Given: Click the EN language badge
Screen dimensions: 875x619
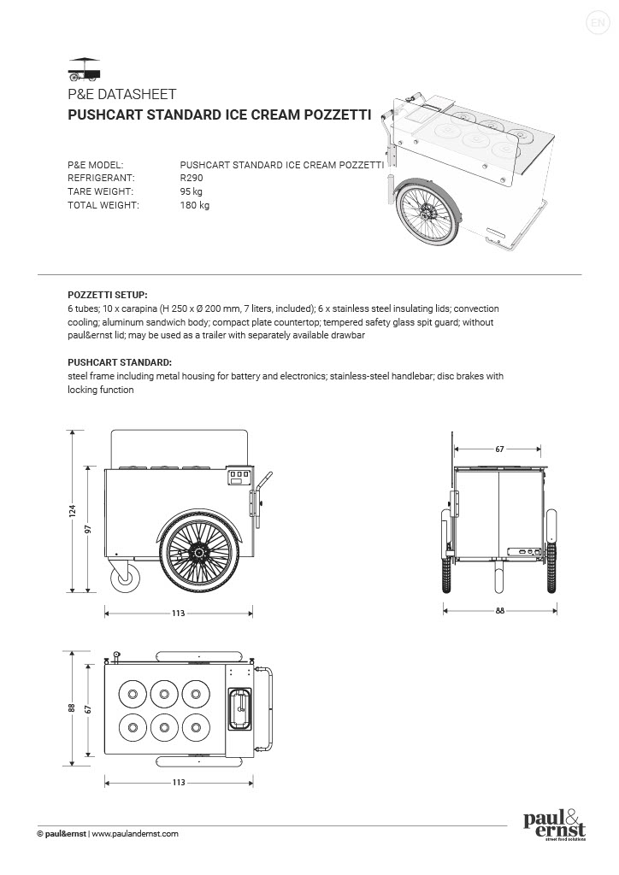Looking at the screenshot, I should [x=597, y=23].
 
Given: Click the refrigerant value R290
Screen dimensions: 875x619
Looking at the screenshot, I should [x=192, y=178].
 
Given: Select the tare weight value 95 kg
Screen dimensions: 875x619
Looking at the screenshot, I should [x=192, y=191].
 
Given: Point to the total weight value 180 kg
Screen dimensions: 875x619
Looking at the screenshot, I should [x=194, y=205].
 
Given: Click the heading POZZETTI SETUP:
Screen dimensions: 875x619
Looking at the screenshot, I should [x=107, y=293].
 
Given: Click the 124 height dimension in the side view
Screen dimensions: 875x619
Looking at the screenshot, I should [x=73, y=511].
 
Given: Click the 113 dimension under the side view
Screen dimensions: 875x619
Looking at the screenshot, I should [x=179, y=613].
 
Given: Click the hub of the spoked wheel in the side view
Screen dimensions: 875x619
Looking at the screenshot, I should [x=199, y=554].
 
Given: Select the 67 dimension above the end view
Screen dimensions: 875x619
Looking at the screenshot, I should [x=498, y=448].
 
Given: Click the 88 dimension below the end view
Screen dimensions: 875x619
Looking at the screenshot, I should [x=499, y=610].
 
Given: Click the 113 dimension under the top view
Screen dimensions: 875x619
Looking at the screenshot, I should [x=179, y=782].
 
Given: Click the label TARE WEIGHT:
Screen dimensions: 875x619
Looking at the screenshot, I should [x=97, y=191].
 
